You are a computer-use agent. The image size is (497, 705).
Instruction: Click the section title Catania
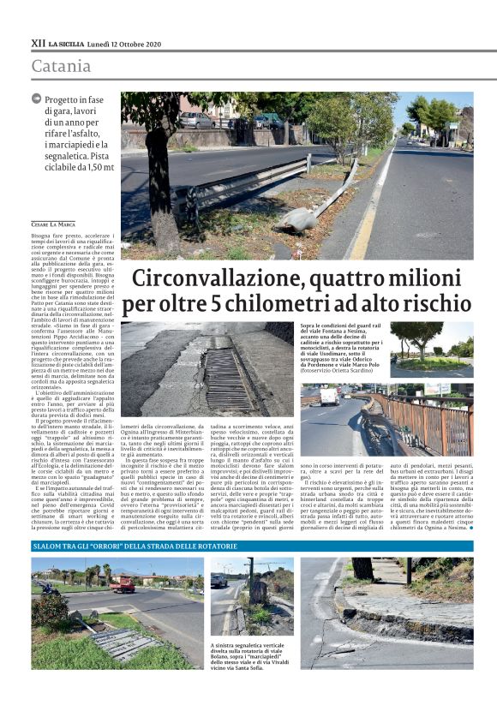(61, 66)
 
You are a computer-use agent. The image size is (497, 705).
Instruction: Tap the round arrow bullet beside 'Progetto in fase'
(36, 99)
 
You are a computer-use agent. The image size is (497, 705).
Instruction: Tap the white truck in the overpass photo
(329, 396)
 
